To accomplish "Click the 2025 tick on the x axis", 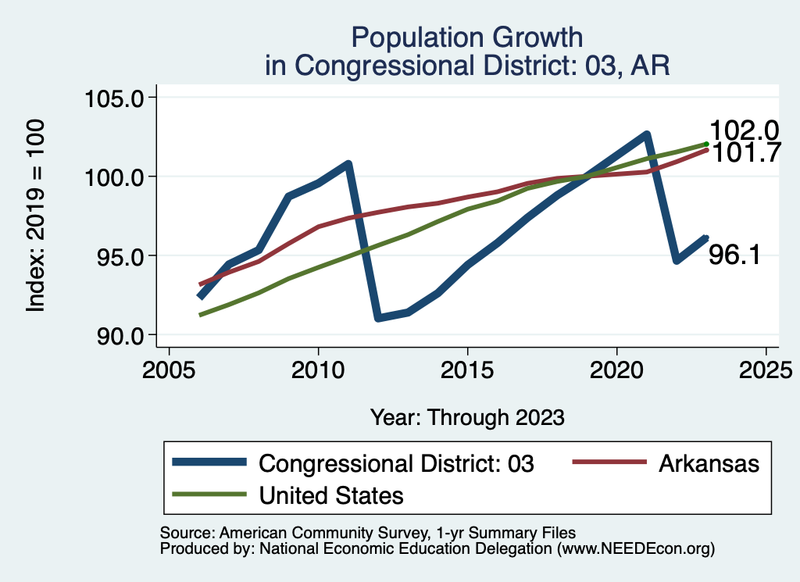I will coord(766,368).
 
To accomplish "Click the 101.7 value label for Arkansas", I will coord(745,153).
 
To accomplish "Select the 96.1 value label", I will coord(734,255).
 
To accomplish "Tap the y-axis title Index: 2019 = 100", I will coord(36,216).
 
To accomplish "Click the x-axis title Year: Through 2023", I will coord(467,417).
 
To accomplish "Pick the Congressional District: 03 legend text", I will coord(397,463).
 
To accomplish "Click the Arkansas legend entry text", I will coord(709,463).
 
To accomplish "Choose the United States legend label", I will coord(331,495).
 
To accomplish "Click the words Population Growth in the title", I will coord(467,37).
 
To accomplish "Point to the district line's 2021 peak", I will coord(647,134).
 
